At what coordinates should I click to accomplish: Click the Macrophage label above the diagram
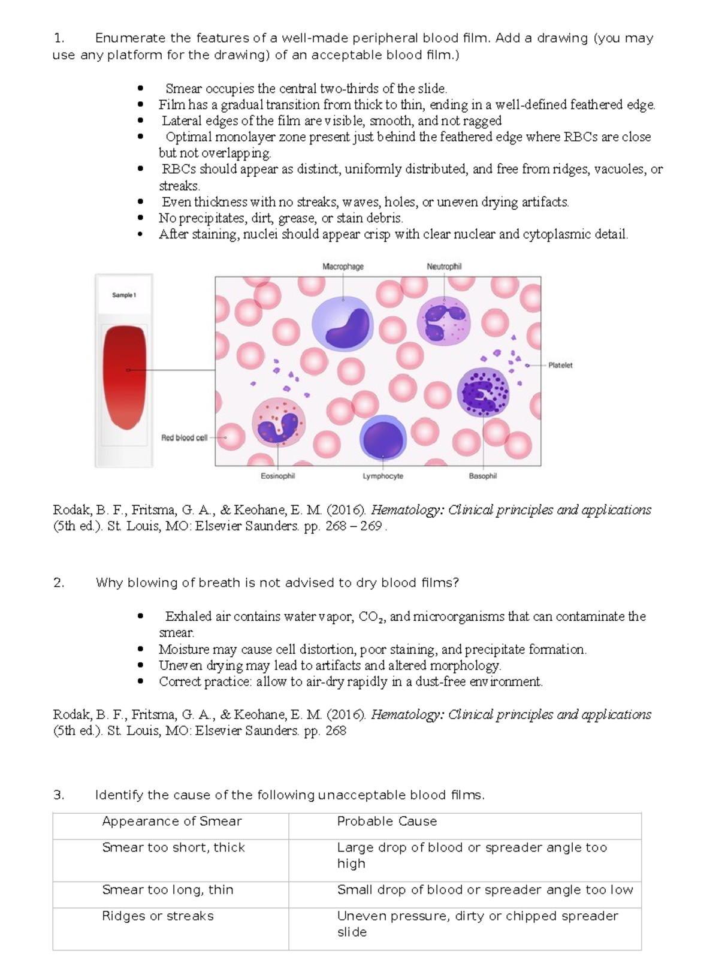pos(343,267)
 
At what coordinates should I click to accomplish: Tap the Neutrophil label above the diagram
pos(444,267)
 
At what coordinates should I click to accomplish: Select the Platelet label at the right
pos(560,365)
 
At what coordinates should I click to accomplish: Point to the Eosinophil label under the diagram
pos(277,476)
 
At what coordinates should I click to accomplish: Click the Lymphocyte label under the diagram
pos(383,476)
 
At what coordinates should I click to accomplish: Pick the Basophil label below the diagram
pos(483,476)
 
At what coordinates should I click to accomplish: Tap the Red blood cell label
pos(184,437)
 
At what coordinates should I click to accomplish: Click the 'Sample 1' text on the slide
pos(124,295)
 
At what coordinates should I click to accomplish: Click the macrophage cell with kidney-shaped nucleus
pos(343,324)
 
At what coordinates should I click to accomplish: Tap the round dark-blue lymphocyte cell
pos(383,437)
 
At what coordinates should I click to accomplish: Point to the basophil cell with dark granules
pos(484,392)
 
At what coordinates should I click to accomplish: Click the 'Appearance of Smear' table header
pos(172,822)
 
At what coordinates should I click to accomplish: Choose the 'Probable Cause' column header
pos(387,822)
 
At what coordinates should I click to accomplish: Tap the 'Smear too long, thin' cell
pos(168,890)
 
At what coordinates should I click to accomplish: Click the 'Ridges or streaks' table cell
pos(158,916)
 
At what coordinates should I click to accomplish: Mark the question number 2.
pos(59,583)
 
